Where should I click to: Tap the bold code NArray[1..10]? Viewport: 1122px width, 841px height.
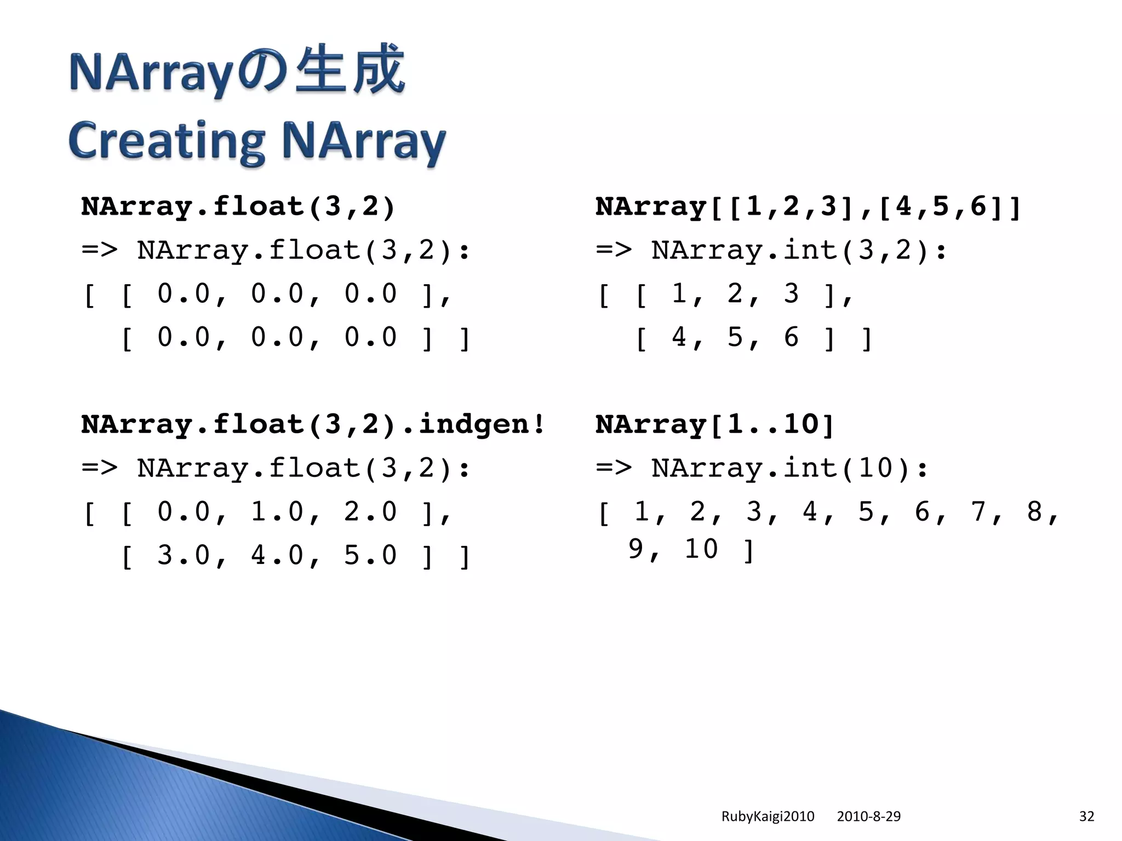point(714,424)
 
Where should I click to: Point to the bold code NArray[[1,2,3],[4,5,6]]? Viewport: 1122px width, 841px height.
point(808,207)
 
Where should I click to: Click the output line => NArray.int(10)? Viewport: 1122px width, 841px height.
point(762,468)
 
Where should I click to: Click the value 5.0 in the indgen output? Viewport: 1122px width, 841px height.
point(370,555)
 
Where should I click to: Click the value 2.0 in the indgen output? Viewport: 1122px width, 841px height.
point(370,512)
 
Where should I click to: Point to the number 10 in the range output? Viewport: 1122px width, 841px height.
point(701,549)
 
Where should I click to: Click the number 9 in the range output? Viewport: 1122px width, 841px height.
point(636,549)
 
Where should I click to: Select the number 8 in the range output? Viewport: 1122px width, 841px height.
point(1034,512)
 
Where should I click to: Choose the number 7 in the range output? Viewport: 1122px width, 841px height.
point(978,512)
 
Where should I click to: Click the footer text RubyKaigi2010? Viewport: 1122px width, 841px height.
point(768,816)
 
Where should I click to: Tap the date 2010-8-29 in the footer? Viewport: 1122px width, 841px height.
point(868,816)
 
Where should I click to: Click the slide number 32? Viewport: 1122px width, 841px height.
point(1086,816)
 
